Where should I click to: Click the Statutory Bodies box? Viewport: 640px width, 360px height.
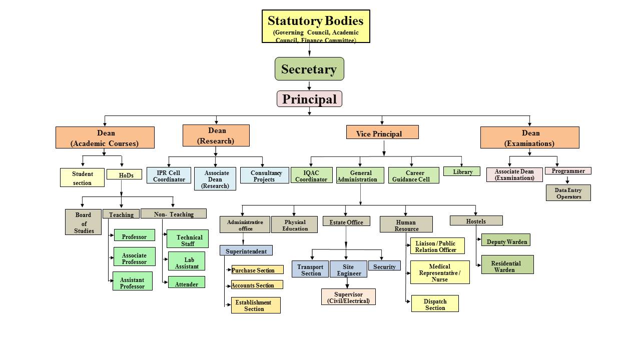tap(316, 26)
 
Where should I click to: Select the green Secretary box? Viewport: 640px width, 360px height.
tap(309, 69)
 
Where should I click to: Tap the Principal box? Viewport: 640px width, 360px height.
tap(309, 99)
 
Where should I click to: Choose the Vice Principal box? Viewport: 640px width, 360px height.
tap(382, 132)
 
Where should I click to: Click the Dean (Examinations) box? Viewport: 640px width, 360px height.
tap(529, 137)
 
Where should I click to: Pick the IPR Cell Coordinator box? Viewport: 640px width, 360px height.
tap(169, 175)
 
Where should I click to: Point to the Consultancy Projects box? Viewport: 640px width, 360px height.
tap(264, 175)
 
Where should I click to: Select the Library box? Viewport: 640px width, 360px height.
tap(462, 171)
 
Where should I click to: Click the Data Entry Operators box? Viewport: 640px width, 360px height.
tap(568, 193)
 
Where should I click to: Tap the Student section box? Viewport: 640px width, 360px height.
tap(82, 177)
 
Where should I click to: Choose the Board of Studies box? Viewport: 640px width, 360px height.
tap(83, 222)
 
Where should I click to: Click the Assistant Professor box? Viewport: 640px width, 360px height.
tap(132, 282)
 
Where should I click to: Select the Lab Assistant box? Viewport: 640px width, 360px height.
tap(187, 262)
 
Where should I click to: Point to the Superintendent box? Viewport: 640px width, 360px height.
tap(246, 250)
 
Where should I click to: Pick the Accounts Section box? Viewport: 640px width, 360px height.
tap(257, 285)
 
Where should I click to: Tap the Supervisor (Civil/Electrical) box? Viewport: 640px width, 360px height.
tap(348, 297)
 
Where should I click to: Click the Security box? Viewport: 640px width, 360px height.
tap(384, 266)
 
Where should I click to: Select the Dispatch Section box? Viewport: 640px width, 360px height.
tap(435, 304)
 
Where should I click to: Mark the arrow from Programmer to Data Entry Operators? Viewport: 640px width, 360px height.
tap(567, 179)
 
